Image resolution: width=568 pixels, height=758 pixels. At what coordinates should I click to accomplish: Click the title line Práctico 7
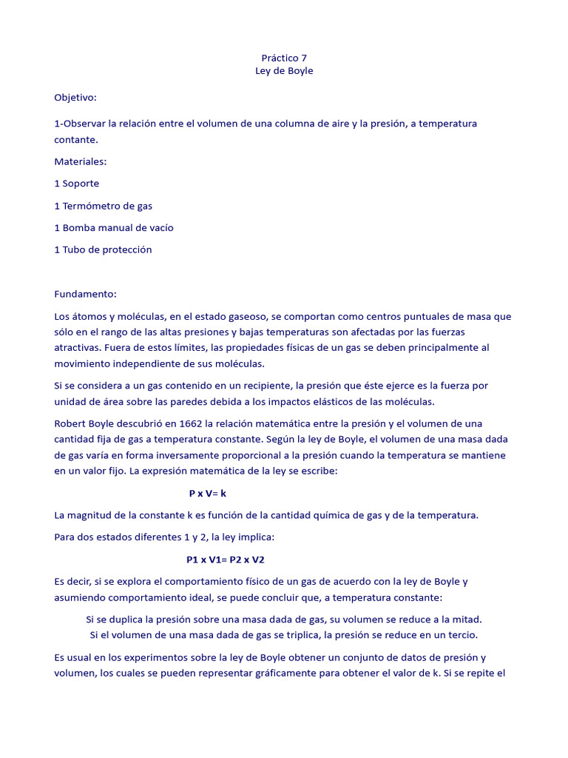[280, 58]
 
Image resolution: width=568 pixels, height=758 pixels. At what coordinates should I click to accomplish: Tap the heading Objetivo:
[75, 97]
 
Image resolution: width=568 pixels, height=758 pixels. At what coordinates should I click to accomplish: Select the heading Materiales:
[81, 161]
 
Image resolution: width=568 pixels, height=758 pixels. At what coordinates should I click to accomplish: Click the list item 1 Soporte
[77, 183]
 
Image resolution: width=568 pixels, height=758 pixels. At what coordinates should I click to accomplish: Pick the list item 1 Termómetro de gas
[104, 205]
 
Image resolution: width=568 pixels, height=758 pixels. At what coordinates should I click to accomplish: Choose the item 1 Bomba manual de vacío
[114, 227]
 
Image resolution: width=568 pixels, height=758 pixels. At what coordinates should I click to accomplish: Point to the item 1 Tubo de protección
[104, 249]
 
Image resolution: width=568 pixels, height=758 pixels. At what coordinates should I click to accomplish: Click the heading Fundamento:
[86, 294]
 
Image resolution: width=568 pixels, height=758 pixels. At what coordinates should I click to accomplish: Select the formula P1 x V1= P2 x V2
[226, 560]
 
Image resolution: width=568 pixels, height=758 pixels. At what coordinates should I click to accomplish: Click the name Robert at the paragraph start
[71, 423]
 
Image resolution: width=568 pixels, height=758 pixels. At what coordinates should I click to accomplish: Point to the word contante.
[75, 139]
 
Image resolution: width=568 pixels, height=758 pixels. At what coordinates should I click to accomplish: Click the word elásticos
[323, 402]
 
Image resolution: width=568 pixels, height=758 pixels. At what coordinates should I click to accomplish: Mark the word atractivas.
[77, 347]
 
